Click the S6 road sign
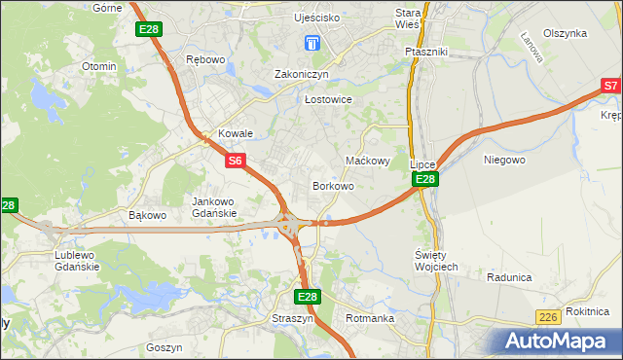235,161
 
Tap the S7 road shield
610,87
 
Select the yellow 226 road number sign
549,317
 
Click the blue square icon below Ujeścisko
311,43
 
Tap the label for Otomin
99,66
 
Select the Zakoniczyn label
302,74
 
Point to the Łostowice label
327,99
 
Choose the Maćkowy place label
368,161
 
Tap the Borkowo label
332,185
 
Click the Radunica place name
509,277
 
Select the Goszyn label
164,346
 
